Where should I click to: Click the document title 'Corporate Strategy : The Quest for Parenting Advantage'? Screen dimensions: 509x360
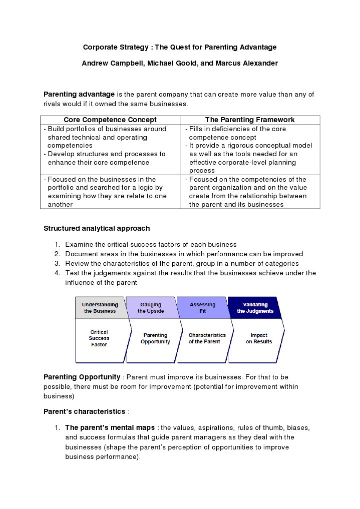click(180, 47)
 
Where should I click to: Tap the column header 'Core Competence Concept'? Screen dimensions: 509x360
click(110, 120)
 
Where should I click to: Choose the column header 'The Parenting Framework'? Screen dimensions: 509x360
click(250, 120)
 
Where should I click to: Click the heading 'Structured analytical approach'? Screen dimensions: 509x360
click(97, 228)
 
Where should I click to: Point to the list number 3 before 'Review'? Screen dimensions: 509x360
click(57, 263)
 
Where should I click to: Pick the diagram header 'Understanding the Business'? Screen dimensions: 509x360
click(100, 307)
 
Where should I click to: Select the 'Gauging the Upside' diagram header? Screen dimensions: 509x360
click(151, 307)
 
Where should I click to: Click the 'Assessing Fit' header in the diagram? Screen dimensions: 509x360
click(202, 307)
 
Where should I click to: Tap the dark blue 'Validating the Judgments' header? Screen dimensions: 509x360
click(255, 307)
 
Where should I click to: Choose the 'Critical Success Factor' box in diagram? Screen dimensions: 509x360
click(99, 338)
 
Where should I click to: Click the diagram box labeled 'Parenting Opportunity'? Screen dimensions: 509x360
click(155, 338)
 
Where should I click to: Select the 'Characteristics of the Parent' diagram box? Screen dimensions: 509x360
click(207, 338)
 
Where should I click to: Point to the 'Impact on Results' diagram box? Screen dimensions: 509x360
click(259, 338)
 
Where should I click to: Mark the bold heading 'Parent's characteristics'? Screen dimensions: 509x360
click(85, 411)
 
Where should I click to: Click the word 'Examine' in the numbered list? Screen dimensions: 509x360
click(79, 244)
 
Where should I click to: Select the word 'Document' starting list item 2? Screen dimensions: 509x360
click(81, 254)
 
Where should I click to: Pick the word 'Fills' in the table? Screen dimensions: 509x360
click(197, 129)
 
